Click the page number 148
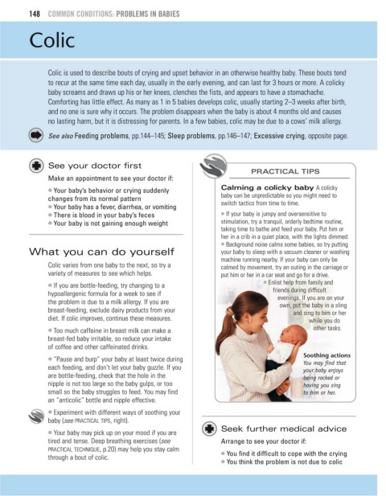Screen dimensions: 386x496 (35, 14)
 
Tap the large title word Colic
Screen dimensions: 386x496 (52, 40)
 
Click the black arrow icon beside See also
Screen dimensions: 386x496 (36, 135)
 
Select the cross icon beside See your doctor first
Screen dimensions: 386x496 (36, 166)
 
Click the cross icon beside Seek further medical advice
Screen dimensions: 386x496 (209, 429)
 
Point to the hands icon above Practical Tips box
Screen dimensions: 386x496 (213, 166)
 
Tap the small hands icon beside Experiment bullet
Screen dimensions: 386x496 (36, 416)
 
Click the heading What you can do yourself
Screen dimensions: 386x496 (101, 252)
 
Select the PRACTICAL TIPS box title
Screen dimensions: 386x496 (285, 171)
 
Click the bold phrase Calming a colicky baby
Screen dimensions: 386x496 (267, 187)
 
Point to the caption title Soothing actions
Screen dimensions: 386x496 (326, 355)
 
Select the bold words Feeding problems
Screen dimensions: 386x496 (101, 136)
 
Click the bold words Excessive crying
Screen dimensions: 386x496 (280, 136)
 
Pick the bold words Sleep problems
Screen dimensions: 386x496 (191, 136)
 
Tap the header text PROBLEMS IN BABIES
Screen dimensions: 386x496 (148, 14)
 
